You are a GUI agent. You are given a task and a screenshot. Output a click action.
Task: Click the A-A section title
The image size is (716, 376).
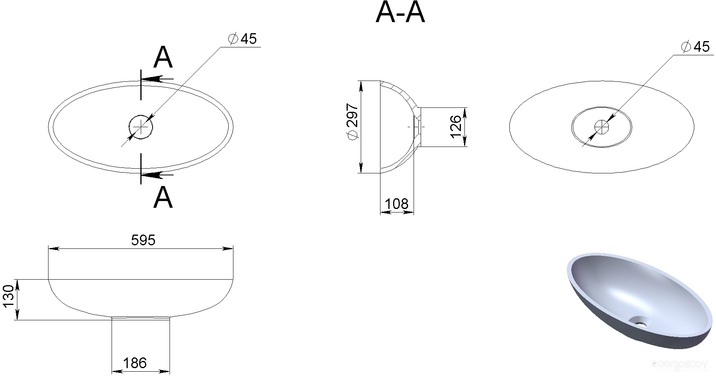(400, 13)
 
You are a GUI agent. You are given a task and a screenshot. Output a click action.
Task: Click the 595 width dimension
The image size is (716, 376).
(143, 240)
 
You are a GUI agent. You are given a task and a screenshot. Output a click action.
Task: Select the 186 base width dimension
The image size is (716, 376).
(135, 363)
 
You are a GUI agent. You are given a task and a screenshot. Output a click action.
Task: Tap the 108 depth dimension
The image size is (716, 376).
(397, 204)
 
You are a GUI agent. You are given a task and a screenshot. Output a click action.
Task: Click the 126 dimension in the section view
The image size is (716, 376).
(455, 126)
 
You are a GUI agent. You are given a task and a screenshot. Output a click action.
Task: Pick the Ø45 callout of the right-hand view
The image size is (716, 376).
(695, 47)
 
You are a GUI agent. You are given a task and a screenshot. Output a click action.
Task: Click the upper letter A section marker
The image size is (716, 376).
(163, 58)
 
